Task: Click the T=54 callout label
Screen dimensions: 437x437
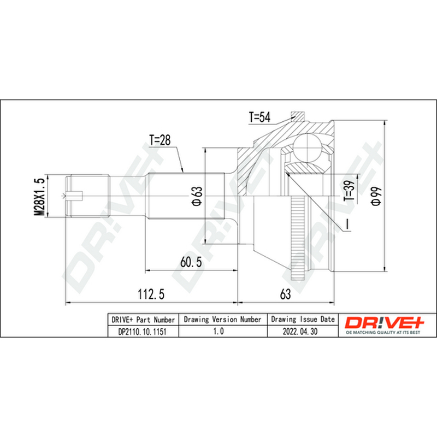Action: click(x=259, y=117)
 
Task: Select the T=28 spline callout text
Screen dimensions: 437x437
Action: click(x=160, y=140)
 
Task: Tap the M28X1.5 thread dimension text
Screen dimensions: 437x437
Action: click(x=39, y=196)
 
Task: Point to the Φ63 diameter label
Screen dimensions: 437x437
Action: click(x=197, y=196)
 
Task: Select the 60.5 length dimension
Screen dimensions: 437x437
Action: click(x=191, y=262)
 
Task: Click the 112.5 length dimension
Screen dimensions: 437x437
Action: click(x=151, y=294)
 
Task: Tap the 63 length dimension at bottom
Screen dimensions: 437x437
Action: click(x=285, y=294)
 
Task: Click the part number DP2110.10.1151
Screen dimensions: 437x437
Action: click(x=143, y=332)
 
